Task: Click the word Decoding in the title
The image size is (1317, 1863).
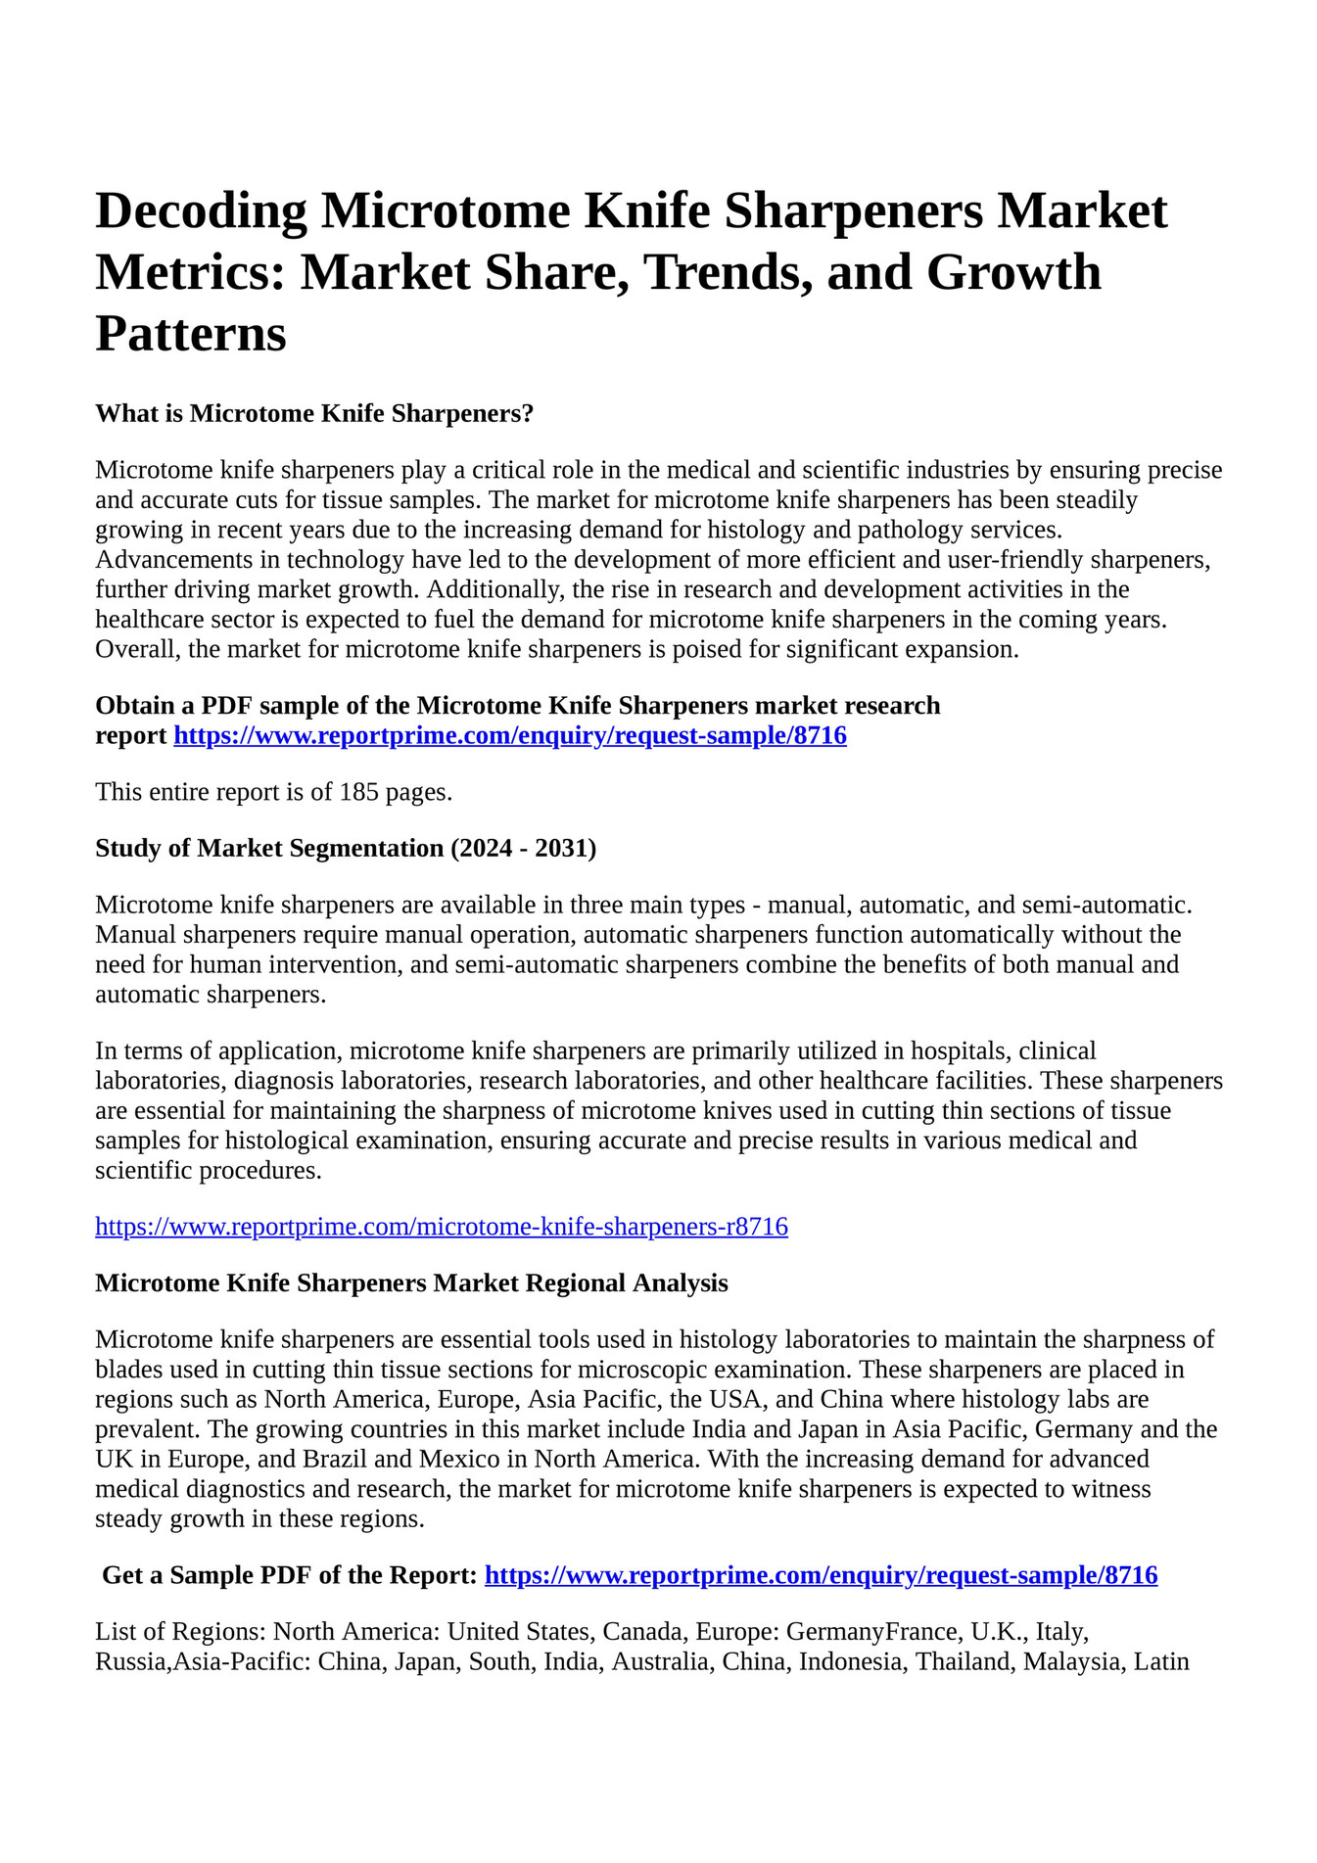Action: coord(201,211)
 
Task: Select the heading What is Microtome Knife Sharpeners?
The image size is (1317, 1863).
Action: coord(314,413)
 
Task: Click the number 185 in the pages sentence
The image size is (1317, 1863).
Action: coord(359,791)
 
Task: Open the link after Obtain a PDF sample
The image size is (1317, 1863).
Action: coord(510,735)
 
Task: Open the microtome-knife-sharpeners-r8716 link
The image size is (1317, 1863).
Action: coord(442,1226)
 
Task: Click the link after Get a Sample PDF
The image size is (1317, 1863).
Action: coord(822,1575)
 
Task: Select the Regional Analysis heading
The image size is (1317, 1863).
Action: coord(411,1282)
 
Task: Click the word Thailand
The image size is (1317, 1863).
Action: coord(963,1661)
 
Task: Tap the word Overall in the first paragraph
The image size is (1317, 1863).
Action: coord(136,649)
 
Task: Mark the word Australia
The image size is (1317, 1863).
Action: coord(660,1661)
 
